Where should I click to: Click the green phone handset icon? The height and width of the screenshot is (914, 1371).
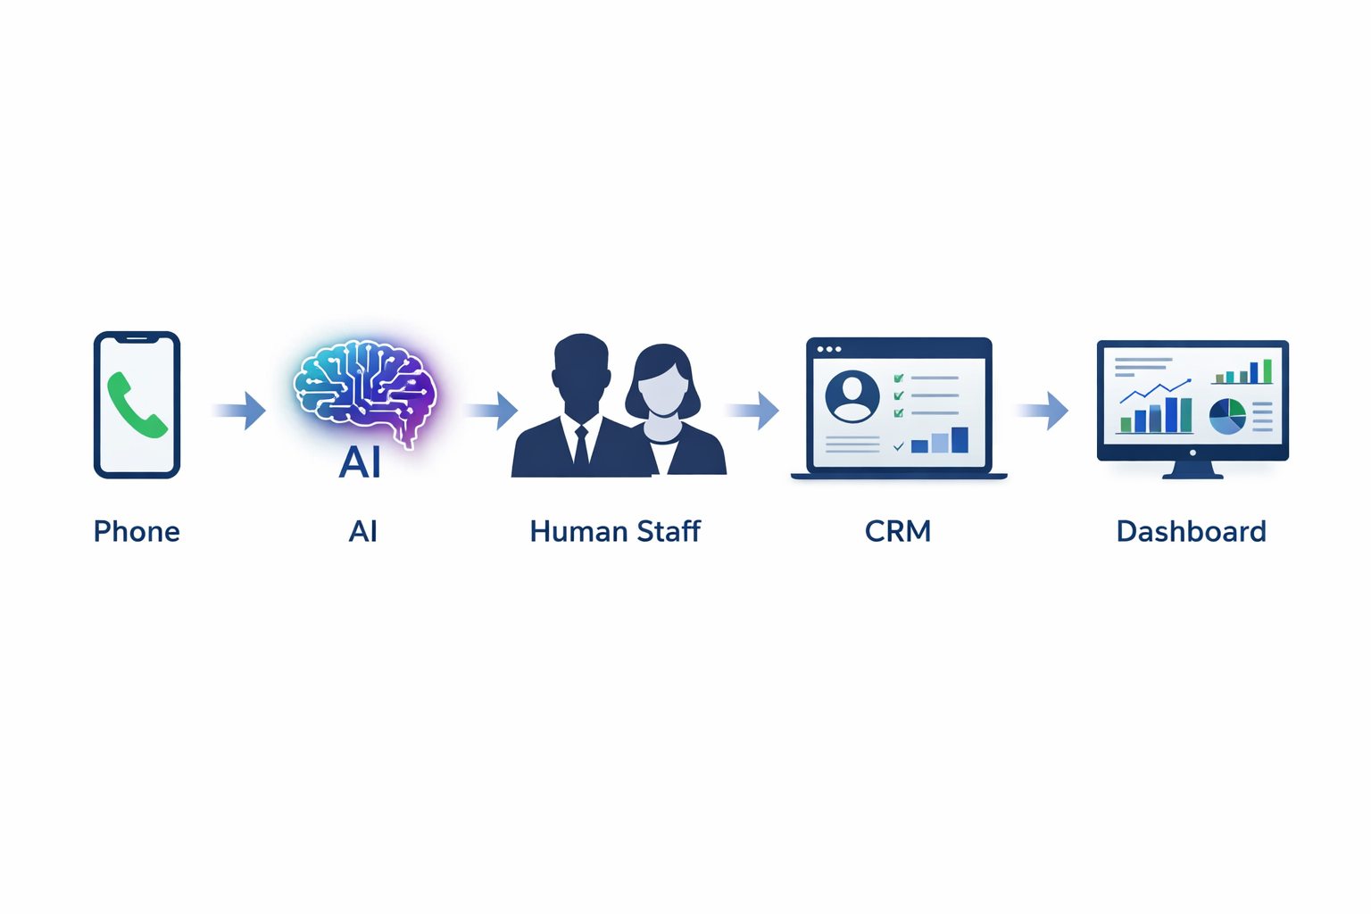click(x=137, y=406)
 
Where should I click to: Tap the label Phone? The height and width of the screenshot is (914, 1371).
click(x=137, y=532)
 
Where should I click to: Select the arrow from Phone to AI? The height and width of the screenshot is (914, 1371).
click(x=241, y=411)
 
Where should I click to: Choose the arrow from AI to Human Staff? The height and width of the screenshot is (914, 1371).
click(x=492, y=411)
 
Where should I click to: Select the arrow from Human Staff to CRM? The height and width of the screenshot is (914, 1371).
click(x=753, y=411)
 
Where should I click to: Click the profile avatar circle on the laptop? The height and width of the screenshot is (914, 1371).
click(x=852, y=396)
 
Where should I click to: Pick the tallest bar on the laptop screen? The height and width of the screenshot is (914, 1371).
click(x=960, y=440)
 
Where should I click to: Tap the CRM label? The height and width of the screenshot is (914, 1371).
click(x=898, y=532)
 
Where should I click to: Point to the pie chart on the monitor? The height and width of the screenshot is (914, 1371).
click(x=1227, y=417)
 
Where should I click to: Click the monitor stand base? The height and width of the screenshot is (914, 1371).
click(x=1192, y=472)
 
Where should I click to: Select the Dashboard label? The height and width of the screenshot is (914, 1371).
click(x=1191, y=532)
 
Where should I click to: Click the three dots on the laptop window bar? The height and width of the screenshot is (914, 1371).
click(x=829, y=349)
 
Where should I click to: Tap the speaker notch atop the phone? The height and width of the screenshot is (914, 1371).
click(x=137, y=339)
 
